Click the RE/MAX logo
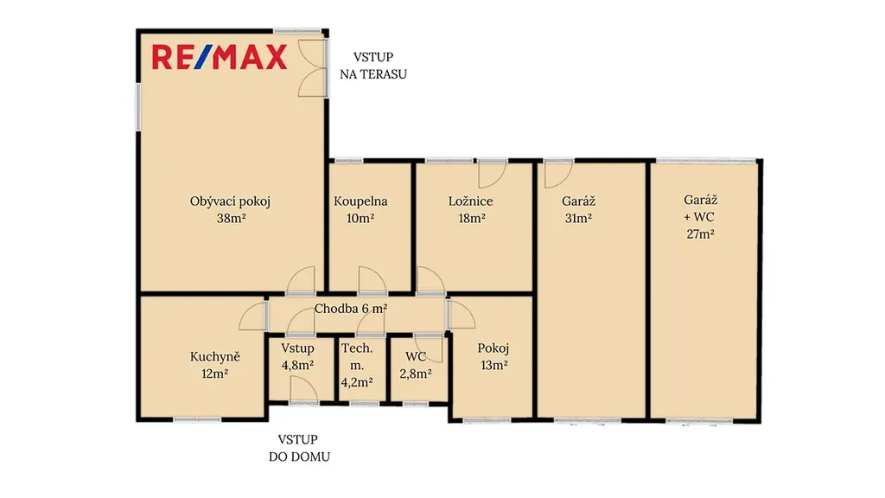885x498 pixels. point(220,58)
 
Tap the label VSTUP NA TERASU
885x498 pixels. point(373,66)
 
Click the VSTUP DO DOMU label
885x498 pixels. point(299,448)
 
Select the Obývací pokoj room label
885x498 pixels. point(230,201)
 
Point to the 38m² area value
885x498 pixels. point(232,219)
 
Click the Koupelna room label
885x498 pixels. point(360,201)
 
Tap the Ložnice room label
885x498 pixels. point(471,201)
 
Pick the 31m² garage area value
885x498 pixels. point(578,219)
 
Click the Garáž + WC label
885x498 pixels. point(700,208)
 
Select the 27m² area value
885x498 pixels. point(700,233)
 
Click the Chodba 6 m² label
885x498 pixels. point(351,309)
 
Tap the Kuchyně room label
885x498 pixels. point(215,357)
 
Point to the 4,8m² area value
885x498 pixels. point(298,366)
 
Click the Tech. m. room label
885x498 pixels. point(357,357)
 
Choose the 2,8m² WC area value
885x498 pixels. point(416,373)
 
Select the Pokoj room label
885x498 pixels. point(493,348)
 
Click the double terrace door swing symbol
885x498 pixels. point(311,68)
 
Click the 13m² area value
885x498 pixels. point(493,366)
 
